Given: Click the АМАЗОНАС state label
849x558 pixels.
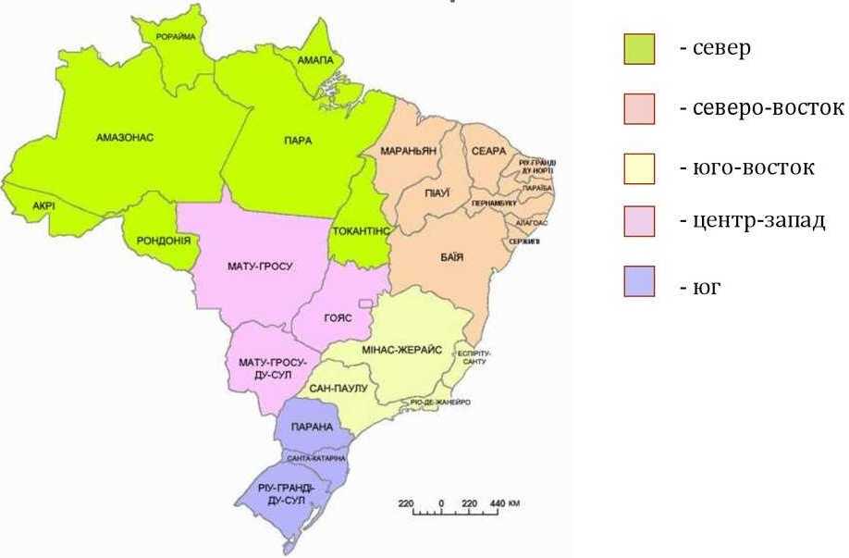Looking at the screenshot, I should pyautogui.click(x=124, y=137).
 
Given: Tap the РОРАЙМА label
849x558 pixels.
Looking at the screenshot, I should pyautogui.click(x=176, y=36).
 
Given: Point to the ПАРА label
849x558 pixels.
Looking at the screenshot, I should pyautogui.click(x=298, y=141).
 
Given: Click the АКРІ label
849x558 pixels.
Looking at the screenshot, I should pyautogui.click(x=43, y=205).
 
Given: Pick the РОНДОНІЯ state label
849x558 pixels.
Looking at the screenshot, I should pyautogui.click(x=162, y=240).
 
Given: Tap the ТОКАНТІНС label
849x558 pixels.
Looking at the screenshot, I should pyautogui.click(x=361, y=229).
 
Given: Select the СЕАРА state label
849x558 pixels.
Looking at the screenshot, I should pyautogui.click(x=487, y=151).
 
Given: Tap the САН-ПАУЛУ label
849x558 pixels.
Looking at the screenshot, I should pyautogui.click(x=338, y=389).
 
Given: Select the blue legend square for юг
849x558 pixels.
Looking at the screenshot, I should pyautogui.click(x=639, y=281).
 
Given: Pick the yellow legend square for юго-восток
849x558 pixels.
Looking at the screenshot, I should pyautogui.click(x=639, y=168).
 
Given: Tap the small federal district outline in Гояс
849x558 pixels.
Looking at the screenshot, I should pyautogui.click(x=366, y=303).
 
